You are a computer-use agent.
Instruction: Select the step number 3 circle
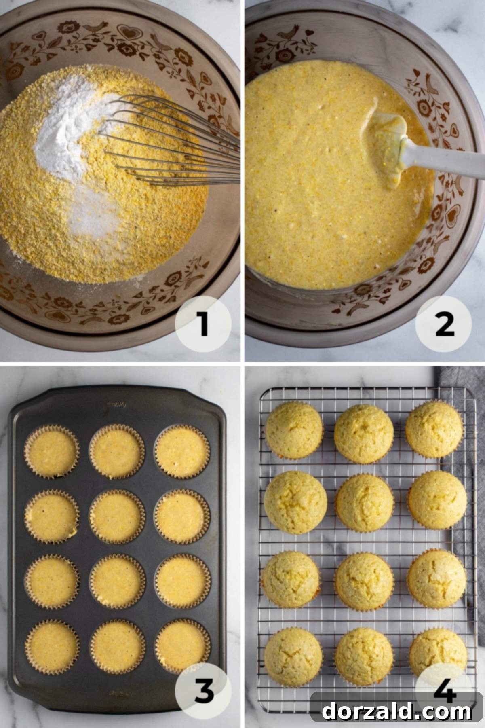pyautogui.click(x=203, y=691)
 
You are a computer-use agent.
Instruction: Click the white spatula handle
pyautogui.click(x=445, y=158)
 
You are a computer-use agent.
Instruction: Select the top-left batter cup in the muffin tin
pyautogui.click(x=52, y=452)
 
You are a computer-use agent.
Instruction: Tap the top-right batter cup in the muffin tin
pyautogui.click(x=182, y=452)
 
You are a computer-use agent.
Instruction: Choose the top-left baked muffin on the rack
pyautogui.click(x=294, y=430)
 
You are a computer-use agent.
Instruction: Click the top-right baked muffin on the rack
pyautogui.click(x=434, y=430)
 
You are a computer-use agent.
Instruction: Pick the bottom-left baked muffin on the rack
pyautogui.click(x=293, y=657)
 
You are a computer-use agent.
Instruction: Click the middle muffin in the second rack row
pyautogui.click(x=365, y=503)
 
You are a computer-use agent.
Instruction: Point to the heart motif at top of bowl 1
pyautogui.click(x=129, y=32)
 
